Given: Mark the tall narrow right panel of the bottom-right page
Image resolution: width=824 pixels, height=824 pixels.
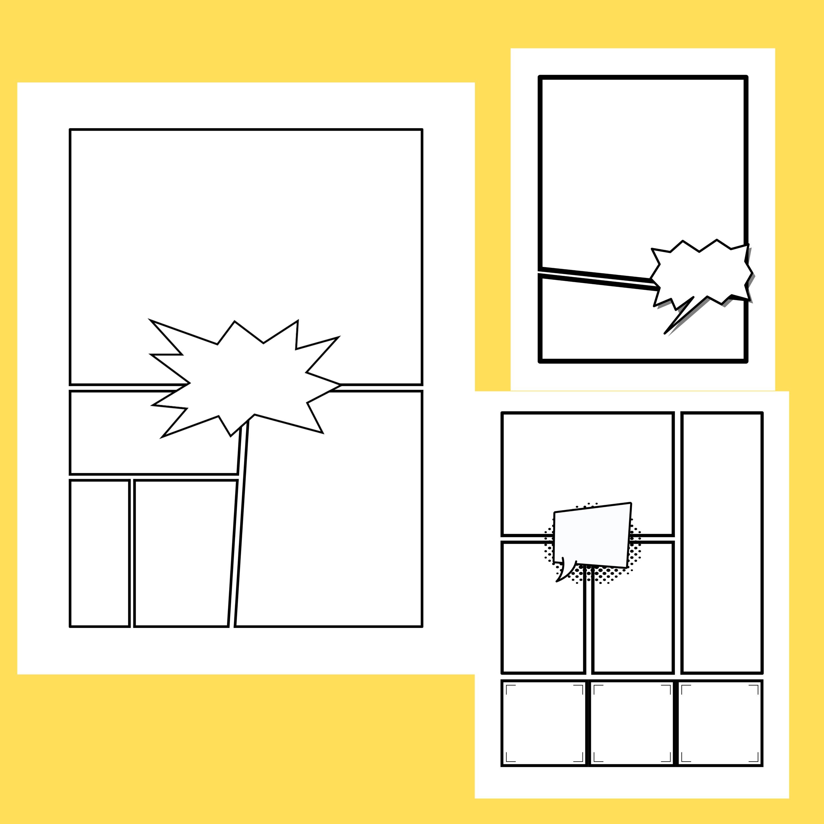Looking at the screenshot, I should [722, 542].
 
